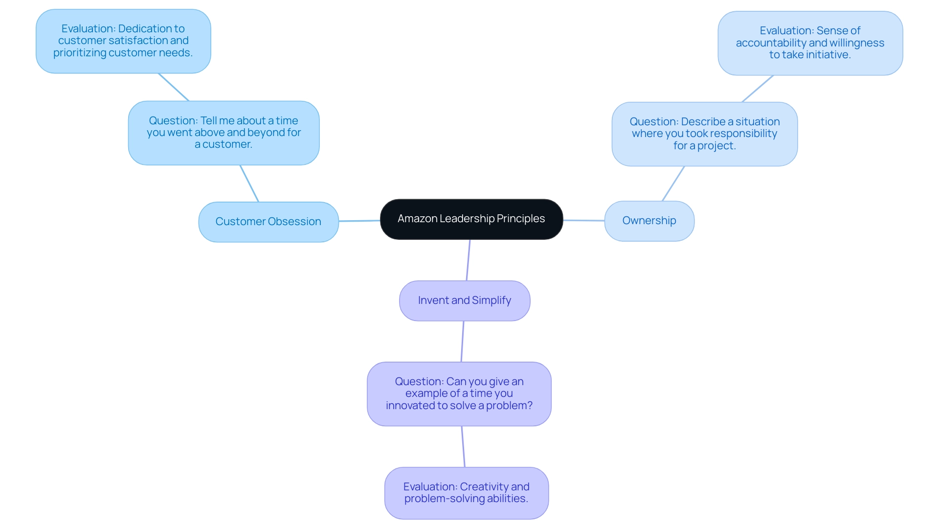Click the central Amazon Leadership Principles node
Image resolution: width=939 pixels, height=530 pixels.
click(x=471, y=219)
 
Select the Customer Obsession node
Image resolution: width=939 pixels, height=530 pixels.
click(x=268, y=222)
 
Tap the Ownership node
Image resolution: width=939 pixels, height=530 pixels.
click(x=649, y=221)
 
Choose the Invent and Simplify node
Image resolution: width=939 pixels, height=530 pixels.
click(x=464, y=300)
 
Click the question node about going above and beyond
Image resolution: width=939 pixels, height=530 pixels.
click(x=224, y=133)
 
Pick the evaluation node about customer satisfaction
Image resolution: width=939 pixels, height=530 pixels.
click(x=123, y=41)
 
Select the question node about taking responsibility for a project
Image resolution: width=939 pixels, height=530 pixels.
click(x=704, y=134)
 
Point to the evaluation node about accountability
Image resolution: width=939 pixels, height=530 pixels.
click(x=810, y=43)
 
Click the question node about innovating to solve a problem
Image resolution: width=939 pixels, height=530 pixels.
click(x=459, y=393)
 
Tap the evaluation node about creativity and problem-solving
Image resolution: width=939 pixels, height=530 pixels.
click(x=466, y=493)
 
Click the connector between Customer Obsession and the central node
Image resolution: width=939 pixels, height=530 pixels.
click(x=359, y=221)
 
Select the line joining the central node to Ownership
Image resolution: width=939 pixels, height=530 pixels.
click(x=583, y=220)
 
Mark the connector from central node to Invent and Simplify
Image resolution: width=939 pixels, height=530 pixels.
click(x=468, y=260)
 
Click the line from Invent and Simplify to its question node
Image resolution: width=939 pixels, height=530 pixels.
click(x=462, y=342)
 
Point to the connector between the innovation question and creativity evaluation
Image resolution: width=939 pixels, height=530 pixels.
click(x=463, y=446)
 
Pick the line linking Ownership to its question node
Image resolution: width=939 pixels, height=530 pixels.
click(x=673, y=184)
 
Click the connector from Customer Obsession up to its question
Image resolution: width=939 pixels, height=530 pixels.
click(x=249, y=184)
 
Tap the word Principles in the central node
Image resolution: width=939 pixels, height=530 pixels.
click(x=520, y=219)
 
